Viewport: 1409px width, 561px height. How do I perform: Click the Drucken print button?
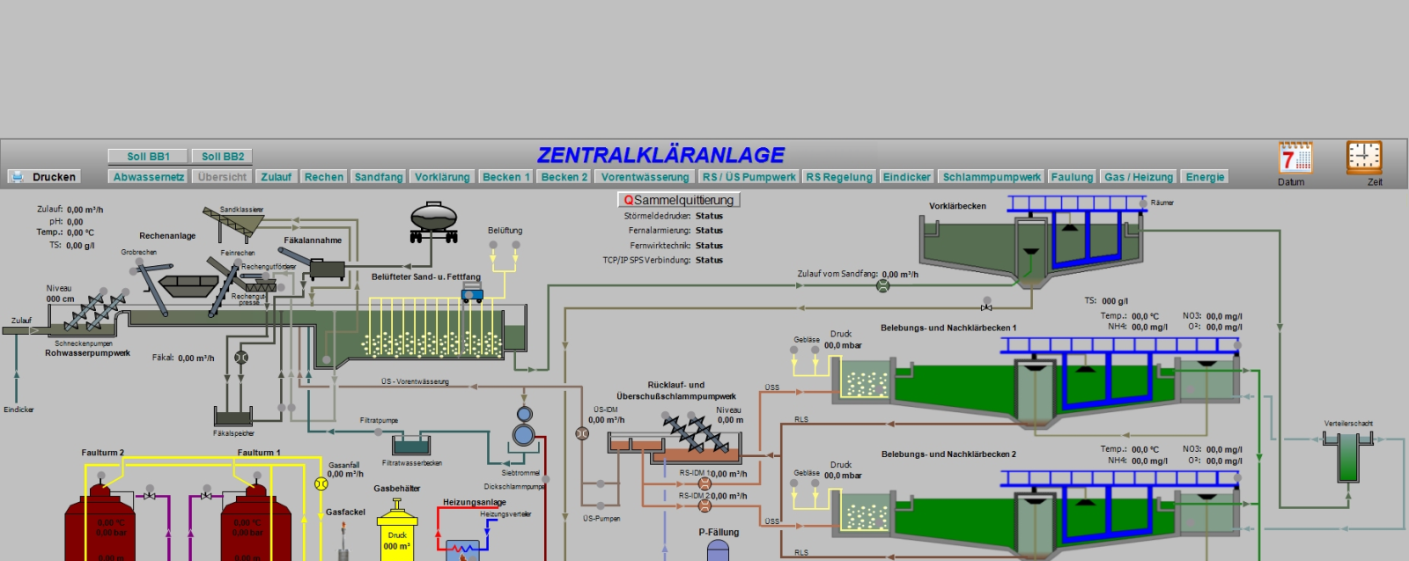(x=44, y=177)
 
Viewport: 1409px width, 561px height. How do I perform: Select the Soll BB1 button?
(x=148, y=156)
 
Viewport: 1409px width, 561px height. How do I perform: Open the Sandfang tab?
(x=379, y=177)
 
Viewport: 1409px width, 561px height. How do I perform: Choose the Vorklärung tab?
(x=442, y=177)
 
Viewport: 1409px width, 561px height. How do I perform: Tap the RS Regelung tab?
(x=839, y=177)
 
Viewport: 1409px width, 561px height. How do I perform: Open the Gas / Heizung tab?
(x=1139, y=177)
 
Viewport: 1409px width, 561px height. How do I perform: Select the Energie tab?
(x=1205, y=177)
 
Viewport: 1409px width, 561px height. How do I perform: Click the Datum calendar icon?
(x=1295, y=159)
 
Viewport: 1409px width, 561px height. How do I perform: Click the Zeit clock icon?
(x=1364, y=159)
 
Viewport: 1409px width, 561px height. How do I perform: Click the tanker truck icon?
(x=433, y=221)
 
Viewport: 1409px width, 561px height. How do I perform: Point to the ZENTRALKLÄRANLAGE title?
(x=660, y=155)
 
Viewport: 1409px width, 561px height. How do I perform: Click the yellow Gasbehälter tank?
(x=397, y=533)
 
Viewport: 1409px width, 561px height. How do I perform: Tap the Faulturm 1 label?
(x=259, y=453)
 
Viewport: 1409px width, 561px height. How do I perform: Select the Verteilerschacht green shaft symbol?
(x=1347, y=456)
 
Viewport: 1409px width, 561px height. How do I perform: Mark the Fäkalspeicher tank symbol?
(x=233, y=417)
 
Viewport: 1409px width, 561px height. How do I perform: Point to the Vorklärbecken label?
(x=957, y=206)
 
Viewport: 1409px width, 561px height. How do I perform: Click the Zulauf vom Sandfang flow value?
(x=900, y=275)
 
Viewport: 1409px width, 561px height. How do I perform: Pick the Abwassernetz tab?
(x=149, y=177)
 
